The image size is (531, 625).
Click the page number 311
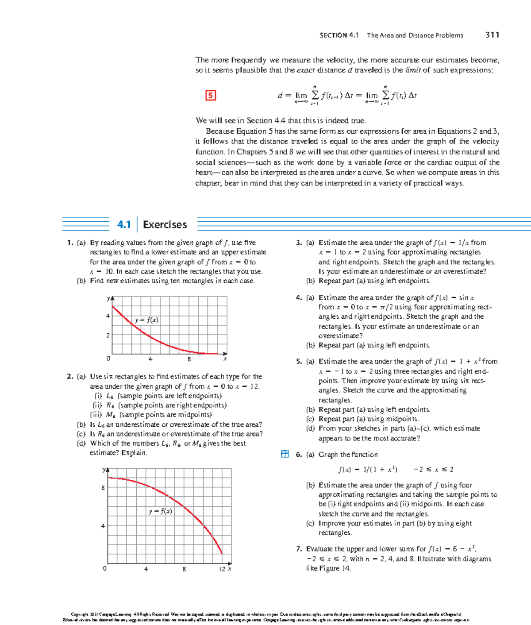[492, 35]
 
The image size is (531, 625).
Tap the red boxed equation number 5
[211, 95]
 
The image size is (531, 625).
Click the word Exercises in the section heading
[165, 225]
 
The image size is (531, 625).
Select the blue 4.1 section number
[124, 225]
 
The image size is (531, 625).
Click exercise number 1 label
[69, 243]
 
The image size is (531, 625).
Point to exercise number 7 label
[299, 549]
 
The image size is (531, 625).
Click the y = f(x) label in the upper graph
[146, 320]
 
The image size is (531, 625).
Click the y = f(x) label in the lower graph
[160, 511]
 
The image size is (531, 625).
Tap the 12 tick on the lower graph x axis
[222, 569]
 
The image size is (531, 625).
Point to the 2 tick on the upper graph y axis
[108, 336]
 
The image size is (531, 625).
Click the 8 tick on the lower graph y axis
[103, 488]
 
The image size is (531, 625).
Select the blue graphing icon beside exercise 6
[285, 454]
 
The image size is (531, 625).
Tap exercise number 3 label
[299, 243]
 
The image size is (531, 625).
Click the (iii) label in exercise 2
[96, 415]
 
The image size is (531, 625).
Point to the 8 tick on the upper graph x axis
[189, 359]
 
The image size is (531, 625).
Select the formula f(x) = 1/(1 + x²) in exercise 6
[367, 470]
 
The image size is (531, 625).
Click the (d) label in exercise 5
[311, 428]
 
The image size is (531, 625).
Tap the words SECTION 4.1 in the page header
[339, 35]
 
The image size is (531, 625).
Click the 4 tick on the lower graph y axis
[103, 526]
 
